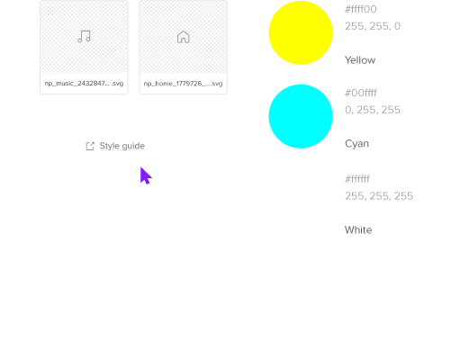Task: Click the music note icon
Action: click(x=84, y=37)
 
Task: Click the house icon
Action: click(x=184, y=37)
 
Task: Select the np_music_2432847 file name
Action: click(x=84, y=84)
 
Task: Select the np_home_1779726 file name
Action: click(x=183, y=84)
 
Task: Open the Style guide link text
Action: click(x=122, y=146)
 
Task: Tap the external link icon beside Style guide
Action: click(x=90, y=146)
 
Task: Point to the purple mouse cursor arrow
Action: click(x=146, y=175)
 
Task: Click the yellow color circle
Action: click(x=301, y=32)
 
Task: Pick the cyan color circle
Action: click(x=301, y=116)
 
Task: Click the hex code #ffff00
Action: click(x=361, y=9)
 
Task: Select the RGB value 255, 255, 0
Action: click(x=373, y=26)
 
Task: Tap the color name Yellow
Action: click(x=360, y=60)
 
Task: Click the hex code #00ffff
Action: click(x=361, y=93)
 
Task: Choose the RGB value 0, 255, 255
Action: click(x=373, y=110)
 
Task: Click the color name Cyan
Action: click(x=356, y=144)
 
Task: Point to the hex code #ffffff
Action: click(x=357, y=179)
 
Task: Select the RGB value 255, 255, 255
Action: click(x=379, y=196)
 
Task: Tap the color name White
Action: click(x=358, y=229)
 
